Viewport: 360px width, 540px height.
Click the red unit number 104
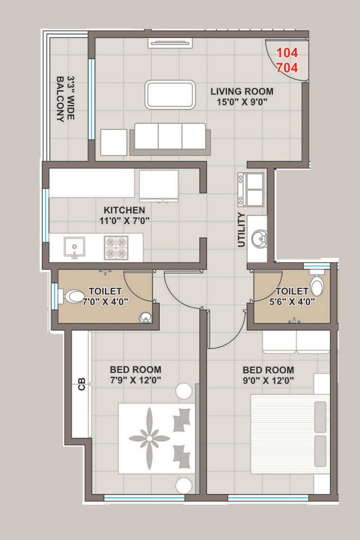[x=287, y=53]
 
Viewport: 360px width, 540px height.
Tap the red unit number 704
[x=287, y=68]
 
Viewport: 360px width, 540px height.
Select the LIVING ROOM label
[x=242, y=92]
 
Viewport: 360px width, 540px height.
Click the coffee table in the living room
[x=170, y=94]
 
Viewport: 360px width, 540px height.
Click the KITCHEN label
[x=124, y=210]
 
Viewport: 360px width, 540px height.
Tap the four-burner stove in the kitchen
[x=116, y=247]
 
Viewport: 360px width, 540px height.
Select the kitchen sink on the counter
[x=73, y=247]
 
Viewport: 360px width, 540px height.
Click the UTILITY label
[x=242, y=230]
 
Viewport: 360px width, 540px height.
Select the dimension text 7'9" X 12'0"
[x=135, y=380]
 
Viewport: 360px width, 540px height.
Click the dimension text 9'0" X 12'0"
[x=268, y=380]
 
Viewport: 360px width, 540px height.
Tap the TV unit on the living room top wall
[x=171, y=43]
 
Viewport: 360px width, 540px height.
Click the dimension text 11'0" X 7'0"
[x=124, y=220]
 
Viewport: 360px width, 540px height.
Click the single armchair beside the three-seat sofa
[x=113, y=142]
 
